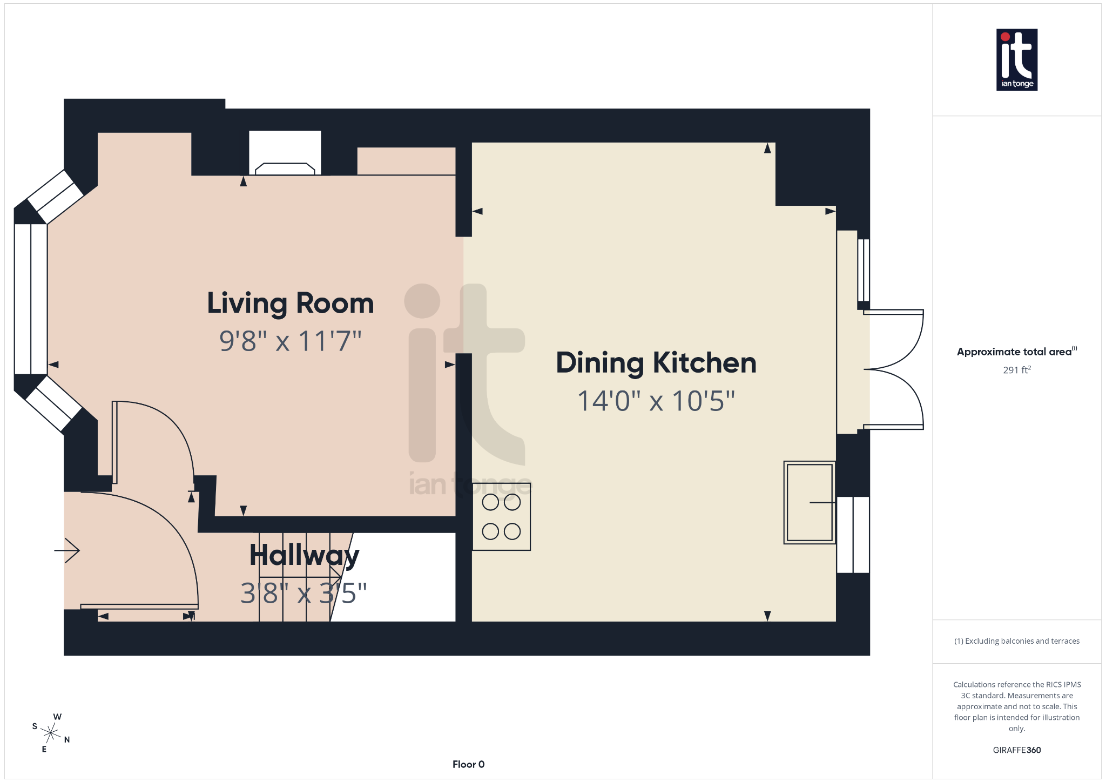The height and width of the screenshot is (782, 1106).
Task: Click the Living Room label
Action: click(x=290, y=303)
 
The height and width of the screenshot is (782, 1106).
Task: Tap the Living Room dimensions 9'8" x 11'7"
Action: click(x=290, y=341)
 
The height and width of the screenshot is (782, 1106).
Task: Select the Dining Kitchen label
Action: click(x=656, y=362)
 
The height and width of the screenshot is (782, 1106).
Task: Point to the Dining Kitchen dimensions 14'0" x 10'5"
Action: click(x=656, y=401)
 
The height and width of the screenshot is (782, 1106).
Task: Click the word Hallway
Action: click(x=304, y=555)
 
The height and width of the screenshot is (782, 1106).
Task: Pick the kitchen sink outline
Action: click(x=809, y=502)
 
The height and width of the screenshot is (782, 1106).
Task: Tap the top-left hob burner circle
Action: click(x=490, y=502)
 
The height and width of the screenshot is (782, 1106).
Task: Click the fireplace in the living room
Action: click(x=285, y=168)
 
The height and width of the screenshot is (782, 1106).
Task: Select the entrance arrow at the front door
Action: click(x=68, y=550)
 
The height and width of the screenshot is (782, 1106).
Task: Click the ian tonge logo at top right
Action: click(x=1016, y=59)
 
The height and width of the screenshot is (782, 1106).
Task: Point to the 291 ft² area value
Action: click(x=1016, y=370)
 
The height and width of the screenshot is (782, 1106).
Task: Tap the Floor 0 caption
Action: click(x=468, y=764)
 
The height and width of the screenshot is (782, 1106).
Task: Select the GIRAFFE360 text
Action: click(x=1016, y=750)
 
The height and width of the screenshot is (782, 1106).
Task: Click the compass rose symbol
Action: click(x=51, y=733)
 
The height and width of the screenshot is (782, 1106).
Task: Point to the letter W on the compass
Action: click(x=57, y=717)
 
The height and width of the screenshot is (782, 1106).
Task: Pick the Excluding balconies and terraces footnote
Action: click(x=1016, y=641)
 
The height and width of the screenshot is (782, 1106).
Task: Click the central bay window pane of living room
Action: click(x=31, y=299)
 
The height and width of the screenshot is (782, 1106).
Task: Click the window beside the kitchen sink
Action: click(x=853, y=535)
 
